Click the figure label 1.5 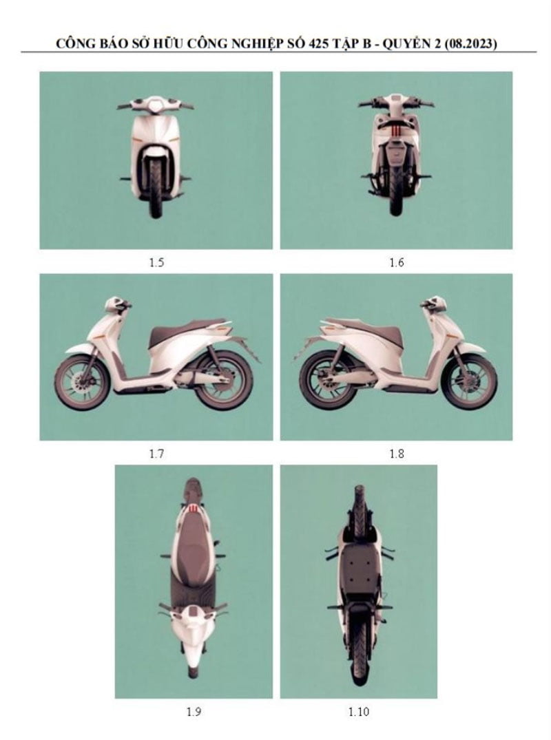(156, 262)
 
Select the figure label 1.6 (396, 262)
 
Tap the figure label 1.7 (156, 454)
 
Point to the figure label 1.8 (396, 454)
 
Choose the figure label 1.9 (194, 712)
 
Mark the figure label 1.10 (359, 712)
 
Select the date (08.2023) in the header (470, 44)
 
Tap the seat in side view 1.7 (181, 335)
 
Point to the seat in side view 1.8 (372, 335)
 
